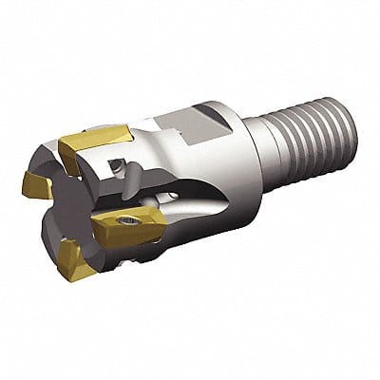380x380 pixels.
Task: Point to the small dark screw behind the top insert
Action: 115,167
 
